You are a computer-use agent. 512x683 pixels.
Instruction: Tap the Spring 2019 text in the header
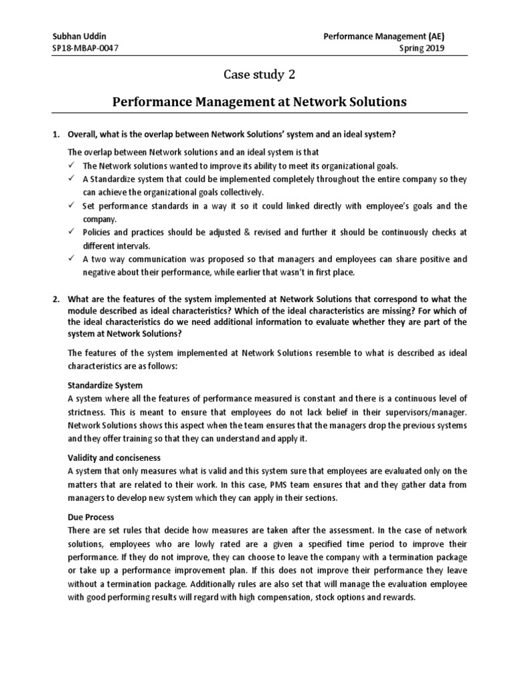tap(421, 48)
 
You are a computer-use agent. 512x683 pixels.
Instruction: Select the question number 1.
tap(56, 134)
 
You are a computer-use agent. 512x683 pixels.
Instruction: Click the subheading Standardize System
tap(105, 386)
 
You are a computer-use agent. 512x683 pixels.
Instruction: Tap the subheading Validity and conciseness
tap(114, 458)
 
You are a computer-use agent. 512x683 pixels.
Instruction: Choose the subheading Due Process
tap(91, 518)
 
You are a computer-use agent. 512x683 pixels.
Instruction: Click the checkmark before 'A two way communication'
tap(72, 259)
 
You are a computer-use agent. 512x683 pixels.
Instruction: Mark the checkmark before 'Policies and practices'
tap(72, 232)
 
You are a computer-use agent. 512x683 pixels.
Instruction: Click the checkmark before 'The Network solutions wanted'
tap(72, 165)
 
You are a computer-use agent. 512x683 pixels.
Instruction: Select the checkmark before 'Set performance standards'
tap(72, 206)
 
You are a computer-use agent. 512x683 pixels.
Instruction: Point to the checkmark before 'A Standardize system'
tap(72, 179)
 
